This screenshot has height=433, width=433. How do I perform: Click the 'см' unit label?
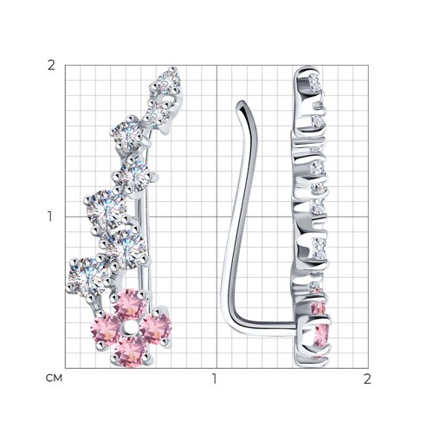tap(54, 378)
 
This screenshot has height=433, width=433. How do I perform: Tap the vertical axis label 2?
tap(51, 66)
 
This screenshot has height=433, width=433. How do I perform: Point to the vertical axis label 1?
tap(50, 216)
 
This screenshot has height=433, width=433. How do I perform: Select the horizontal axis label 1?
tap(214, 378)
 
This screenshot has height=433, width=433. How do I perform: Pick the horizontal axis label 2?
tap(367, 378)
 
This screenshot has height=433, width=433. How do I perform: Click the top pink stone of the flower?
tap(127, 304)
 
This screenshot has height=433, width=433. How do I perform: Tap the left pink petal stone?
tap(106, 331)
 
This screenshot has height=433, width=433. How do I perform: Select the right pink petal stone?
tap(156, 329)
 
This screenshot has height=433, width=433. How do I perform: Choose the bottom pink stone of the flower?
tap(131, 352)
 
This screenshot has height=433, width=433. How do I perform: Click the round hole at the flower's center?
tap(129, 328)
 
